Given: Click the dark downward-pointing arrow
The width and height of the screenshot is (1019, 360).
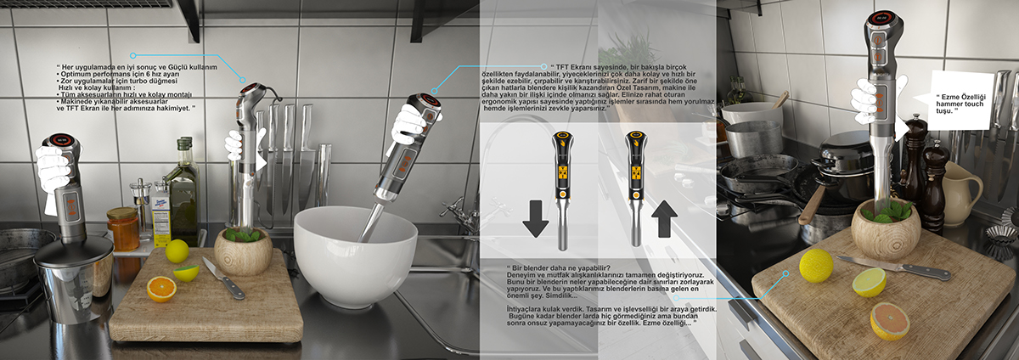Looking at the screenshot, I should click(536, 218).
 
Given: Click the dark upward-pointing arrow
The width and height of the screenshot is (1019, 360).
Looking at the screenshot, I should click(664, 218).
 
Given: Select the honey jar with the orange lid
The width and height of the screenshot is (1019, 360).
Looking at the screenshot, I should click(123, 228).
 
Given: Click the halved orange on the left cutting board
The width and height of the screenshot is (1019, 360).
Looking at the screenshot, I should click(160, 289).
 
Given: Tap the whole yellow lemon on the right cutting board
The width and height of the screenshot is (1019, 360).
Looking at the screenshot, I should click(816, 266).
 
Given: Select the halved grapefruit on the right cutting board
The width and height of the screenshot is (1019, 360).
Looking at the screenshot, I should click(889, 321).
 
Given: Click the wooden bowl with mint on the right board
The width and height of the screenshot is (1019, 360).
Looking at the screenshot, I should click(885, 229).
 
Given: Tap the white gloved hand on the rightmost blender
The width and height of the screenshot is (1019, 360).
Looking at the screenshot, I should click(868, 100).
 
